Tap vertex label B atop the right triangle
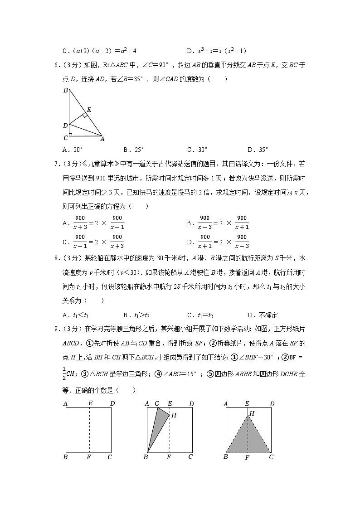[65, 91]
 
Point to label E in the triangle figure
[89, 110]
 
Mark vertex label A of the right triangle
[102, 139]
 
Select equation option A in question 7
[93, 223]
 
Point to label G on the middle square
[157, 403]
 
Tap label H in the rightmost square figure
[252, 413]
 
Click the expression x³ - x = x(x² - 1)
[222, 51]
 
